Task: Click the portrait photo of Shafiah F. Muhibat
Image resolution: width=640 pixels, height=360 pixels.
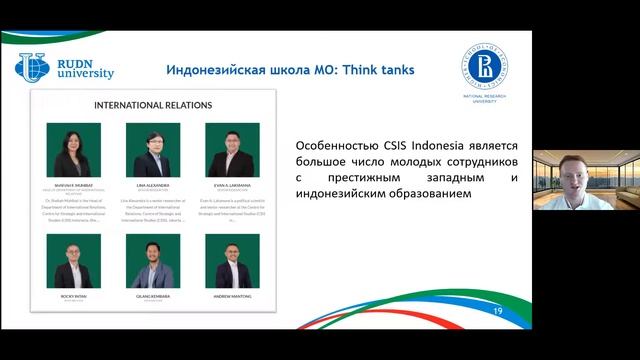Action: (73, 149)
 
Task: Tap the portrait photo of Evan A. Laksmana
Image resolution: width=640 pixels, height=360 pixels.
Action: (232, 149)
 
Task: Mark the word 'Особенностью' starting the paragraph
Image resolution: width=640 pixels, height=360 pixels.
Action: (337, 142)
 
